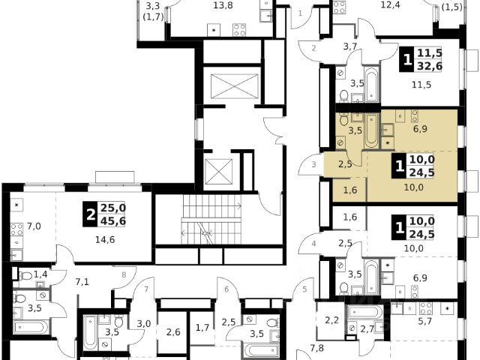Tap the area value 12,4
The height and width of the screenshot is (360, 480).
pyautogui.click(x=390, y=5)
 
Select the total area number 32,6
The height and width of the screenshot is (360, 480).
pyautogui.click(x=430, y=66)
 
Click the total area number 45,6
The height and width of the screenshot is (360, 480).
pyautogui.click(x=113, y=220)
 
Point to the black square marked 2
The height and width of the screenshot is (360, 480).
pyautogui.click(x=90, y=214)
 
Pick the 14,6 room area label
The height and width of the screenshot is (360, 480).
pyautogui.click(x=105, y=240)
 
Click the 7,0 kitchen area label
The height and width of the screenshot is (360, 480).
pyautogui.click(x=34, y=226)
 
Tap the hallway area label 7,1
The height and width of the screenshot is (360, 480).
pyautogui.click(x=82, y=281)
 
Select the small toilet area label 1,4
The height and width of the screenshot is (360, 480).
pyautogui.click(x=40, y=274)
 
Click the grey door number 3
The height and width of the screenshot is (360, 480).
pyautogui.click(x=313, y=165)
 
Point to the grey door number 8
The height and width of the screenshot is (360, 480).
pyautogui.click(x=124, y=275)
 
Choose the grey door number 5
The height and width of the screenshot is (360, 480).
pyautogui.click(x=304, y=289)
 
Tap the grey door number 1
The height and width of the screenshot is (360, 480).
pyautogui.click(x=300, y=13)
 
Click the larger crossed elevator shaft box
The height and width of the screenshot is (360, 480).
pyautogui.click(x=235, y=86)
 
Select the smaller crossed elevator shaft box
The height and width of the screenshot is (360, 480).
pyautogui.click(x=218, y=172)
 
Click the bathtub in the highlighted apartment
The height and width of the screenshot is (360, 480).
pyautogui.click(x=372, y=130)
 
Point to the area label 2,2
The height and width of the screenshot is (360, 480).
pyautogui.click(x=331, y=320)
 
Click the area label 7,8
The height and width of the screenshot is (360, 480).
pyautogui.click(x=316, y=348)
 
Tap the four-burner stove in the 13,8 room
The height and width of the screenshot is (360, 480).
pyautogui.click(x=239, y=30)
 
